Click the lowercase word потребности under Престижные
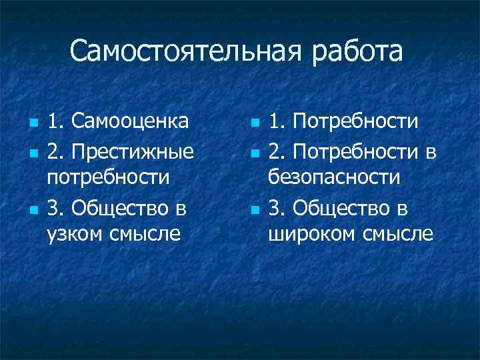(x=109, y=179)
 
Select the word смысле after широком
(x=398, y=234)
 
